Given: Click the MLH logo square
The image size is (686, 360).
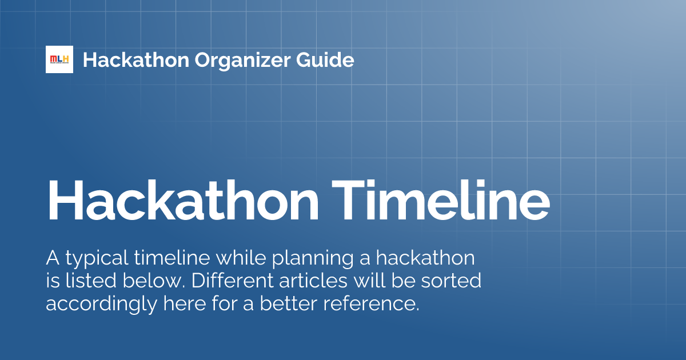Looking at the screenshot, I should [x=59, y=59].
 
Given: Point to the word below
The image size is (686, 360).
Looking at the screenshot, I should [x=142, y=281].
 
